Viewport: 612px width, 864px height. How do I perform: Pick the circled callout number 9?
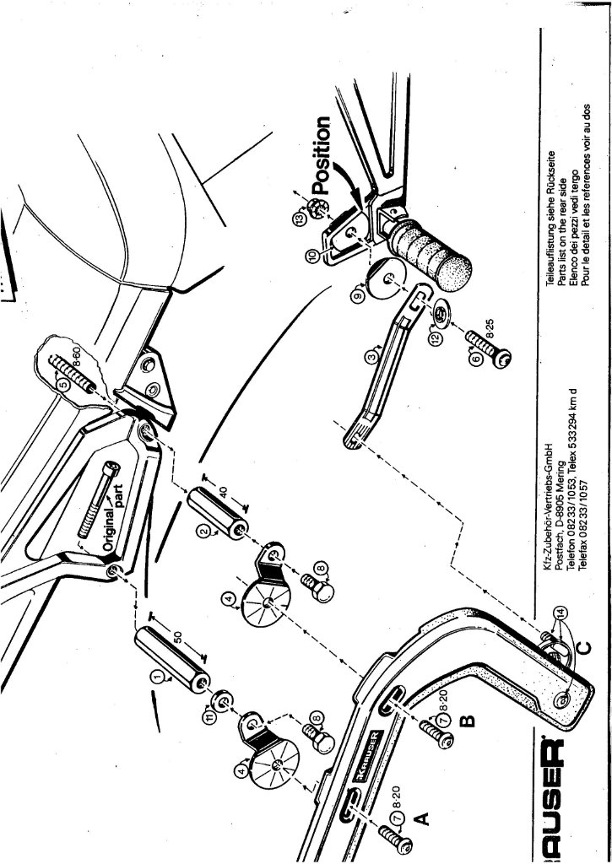[357, 296]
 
